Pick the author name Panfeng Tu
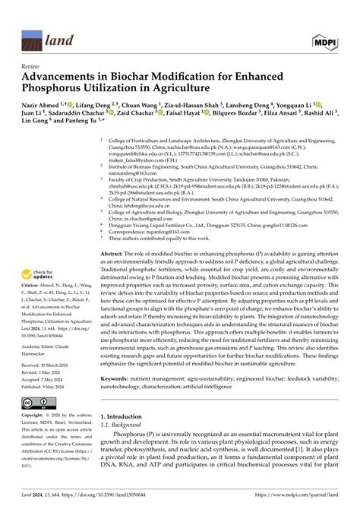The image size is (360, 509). (x=75, y=140)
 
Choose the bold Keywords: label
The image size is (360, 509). (x=117, y=399)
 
